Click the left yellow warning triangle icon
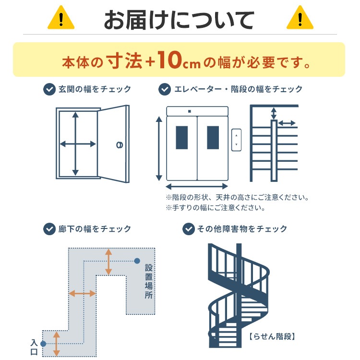(x=61, y=19)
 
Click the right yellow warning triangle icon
(x=299, y=19)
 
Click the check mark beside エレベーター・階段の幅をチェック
(x=165, y=89)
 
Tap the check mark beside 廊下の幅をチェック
(x=49, y=229)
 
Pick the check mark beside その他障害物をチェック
(x=189, y=229)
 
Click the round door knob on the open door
(x=119, y=144)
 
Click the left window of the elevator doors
(x=182, y=138)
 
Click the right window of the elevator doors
(x=213, y=138)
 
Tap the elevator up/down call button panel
(x=236, y=140)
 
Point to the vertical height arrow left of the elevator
(x=159, y=149)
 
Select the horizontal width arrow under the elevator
(x=197, y=186)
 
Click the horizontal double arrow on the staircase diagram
(x=287, y=123)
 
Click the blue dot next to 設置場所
(x=137, y=261)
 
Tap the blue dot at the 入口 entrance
(x=43, y=344)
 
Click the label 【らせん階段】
(x=272, y=336)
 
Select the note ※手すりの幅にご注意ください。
(x=216, y=208)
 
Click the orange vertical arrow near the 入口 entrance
(x=56, y=344)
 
